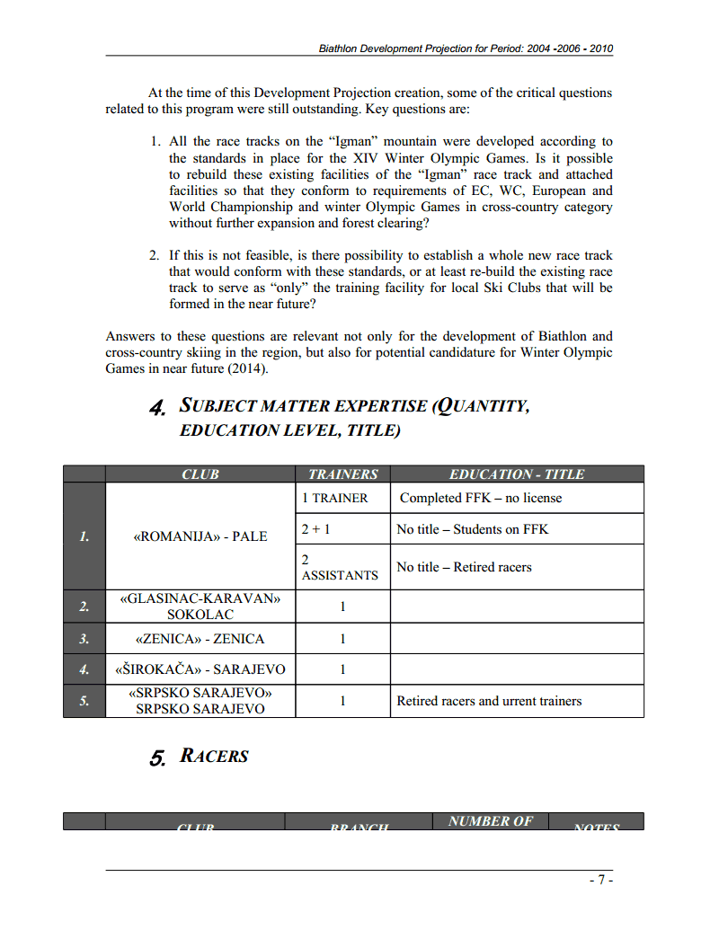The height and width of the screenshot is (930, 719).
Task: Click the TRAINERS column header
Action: pos(342,474)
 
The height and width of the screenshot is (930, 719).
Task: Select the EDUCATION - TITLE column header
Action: pos(516,474)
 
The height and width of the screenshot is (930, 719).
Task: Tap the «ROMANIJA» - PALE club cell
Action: pos(200,536)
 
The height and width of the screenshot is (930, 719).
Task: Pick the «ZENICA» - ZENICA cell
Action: pos(200,639)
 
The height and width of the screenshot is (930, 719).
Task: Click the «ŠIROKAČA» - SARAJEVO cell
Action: pos(200,669)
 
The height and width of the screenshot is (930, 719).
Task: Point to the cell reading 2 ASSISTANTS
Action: pos(340,567)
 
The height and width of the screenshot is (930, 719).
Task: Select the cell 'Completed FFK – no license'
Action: pos(480,498)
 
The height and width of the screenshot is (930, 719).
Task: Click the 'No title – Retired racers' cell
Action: pos(464,567)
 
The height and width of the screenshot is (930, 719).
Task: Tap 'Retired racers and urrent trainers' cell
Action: pos(489,701)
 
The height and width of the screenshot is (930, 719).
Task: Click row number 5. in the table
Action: pos(84,701)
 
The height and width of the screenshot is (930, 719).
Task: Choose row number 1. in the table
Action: pos(84,536)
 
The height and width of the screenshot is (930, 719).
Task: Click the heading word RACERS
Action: pos(214,756)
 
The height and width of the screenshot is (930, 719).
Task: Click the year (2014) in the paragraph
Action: pos(247,368)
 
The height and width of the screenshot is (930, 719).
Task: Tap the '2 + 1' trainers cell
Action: pos(315,529)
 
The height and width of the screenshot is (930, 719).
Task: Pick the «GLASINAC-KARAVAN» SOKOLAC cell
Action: pos(200,607)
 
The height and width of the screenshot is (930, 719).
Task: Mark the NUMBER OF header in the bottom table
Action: pos(490,821)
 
